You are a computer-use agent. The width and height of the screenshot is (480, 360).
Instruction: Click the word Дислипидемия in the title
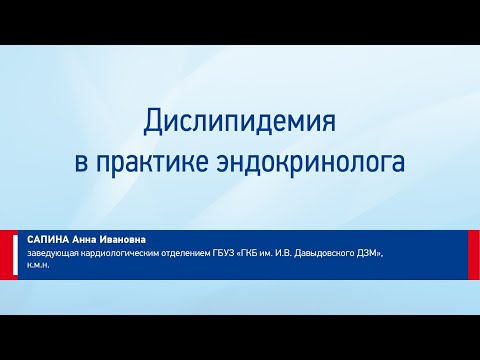click(x=240, y=124)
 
